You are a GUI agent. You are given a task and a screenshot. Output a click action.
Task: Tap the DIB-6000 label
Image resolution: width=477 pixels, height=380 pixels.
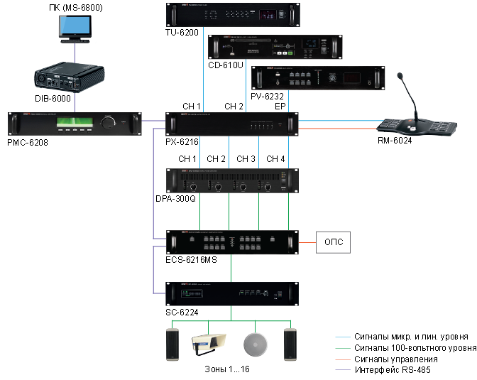tap(53, 99)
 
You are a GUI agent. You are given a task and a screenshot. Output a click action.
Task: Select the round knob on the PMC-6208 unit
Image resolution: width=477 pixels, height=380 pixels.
tap(109, 123)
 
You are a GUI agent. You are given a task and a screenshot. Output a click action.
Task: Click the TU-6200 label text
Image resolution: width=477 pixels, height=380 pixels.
tap(182, 32)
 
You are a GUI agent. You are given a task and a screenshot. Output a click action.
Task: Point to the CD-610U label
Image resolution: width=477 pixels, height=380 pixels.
tap(225, 65)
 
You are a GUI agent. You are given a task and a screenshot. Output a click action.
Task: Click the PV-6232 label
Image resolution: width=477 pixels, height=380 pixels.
tap(268, 96)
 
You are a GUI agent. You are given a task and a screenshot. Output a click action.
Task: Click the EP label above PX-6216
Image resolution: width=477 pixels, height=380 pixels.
tap(280, 106)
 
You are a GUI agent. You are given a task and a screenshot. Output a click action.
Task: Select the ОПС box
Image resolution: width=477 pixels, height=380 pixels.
tap(334, 241)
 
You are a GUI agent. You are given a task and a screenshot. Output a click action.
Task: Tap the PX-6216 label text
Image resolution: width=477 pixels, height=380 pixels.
tap(182, 141)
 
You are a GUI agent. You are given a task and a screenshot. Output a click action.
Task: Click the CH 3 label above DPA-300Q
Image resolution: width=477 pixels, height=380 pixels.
tap(246, 158)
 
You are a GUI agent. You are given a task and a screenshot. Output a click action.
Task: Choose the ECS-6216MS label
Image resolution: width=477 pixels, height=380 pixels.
tap(191, 260)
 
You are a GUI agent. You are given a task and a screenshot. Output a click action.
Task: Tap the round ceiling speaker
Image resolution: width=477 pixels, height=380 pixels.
tap(253, 344)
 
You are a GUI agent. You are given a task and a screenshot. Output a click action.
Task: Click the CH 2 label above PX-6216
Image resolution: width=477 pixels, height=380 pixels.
tap(234, 106)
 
